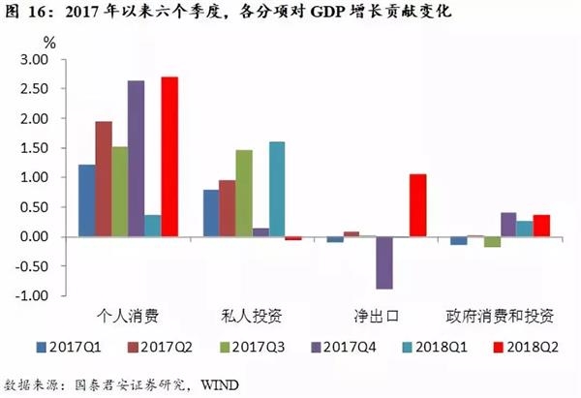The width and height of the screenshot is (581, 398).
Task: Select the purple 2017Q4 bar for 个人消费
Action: point(137,159)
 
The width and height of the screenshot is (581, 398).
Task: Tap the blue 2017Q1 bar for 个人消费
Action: point(86,200)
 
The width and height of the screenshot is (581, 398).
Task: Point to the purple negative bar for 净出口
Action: point(384,262)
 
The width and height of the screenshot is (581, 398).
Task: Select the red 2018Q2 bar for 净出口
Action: point(417,205)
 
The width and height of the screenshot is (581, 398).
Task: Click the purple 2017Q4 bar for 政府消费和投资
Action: point(508,225)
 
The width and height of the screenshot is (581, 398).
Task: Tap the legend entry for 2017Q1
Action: point(67,346)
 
